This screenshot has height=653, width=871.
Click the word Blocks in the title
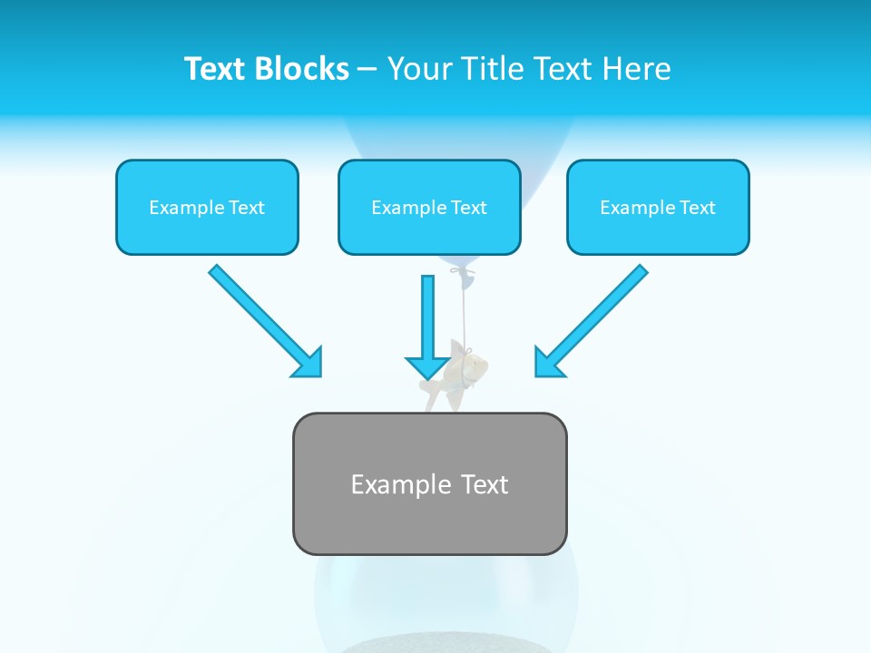[x=304, y=69]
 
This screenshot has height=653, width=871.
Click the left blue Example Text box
[x=207, y=208]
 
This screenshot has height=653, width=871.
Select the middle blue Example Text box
[x=429, y=208]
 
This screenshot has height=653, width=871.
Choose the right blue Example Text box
[x=658, y=208]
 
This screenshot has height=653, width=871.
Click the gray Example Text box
[x=429, y=483]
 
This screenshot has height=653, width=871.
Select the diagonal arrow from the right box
[x=599, y=313]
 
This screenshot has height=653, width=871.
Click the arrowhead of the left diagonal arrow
[x=308, y=363]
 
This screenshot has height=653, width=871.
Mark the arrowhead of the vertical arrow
[x=427, y=366]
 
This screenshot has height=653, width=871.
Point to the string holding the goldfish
[x=465, y=313]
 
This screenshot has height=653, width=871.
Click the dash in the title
[x=367, y=70]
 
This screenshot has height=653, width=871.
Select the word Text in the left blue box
[x=246, y=208]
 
